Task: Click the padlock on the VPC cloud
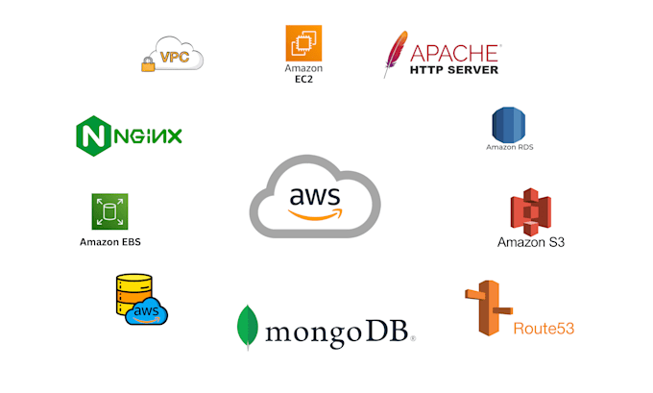pyautogui.click(x=148, y=64)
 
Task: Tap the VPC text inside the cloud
pyautogui.click(x=175, y=57)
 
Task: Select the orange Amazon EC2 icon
pyautogui.click(x=303, y=43)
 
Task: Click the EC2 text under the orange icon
pyautogui.click(x=303, y=79)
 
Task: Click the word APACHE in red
pyautogui.click(x=455, y=54)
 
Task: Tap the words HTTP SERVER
pyautogui.click(x=454, y=70)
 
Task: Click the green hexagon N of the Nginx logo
pyautogui.click(x=94, y=135)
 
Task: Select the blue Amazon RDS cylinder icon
pyautogui.click(x=509, y=125)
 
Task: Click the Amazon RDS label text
pyautogui.click(x=510, y=147)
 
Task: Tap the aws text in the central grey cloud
pyautogui.click(x=315, y=196)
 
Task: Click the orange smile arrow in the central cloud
pyautogui.click(x=315, y=214)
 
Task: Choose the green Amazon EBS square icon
pyautogui.click(x=109, y=211)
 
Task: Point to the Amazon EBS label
pyautogui.click(x=110, y=242)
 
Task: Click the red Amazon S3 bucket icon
pyautogui.click(x=530, y=212)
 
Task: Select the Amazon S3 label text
pyautogui.click(x=531, y=242)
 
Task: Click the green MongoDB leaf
pyautogui.click(x=248, y=328)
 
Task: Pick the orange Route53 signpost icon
pyautogui.click(x=489, y=308)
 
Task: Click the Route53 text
pyautogui.click(x=544, y=329)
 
